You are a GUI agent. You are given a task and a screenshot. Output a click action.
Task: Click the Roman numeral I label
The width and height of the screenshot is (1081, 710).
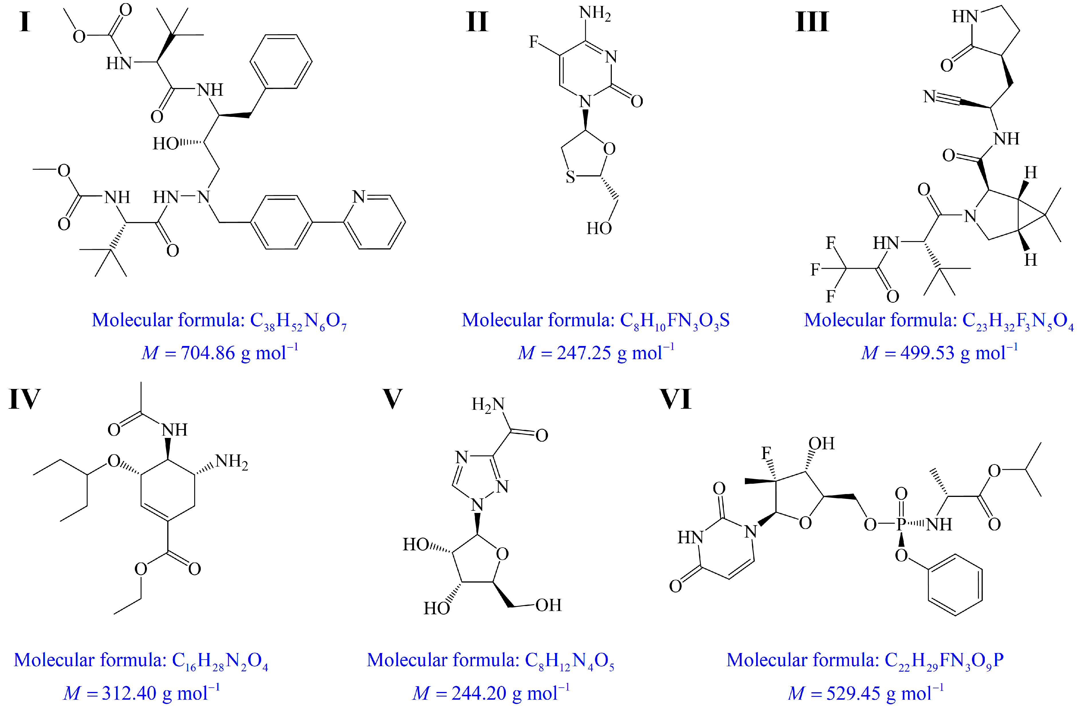(25, 22)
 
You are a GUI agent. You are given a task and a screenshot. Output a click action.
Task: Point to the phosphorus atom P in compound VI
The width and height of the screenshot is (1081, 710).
(901, 524)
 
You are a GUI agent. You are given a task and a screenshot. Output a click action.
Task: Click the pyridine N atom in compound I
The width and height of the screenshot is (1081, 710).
(359, 197)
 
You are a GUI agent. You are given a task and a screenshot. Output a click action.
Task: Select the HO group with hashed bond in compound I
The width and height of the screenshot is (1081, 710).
(166, 143)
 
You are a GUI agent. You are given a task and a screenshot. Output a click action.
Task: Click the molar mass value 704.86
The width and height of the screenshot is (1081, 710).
(208, 353)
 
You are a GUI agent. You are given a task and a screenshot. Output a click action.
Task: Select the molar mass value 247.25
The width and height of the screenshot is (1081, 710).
(584, 353)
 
